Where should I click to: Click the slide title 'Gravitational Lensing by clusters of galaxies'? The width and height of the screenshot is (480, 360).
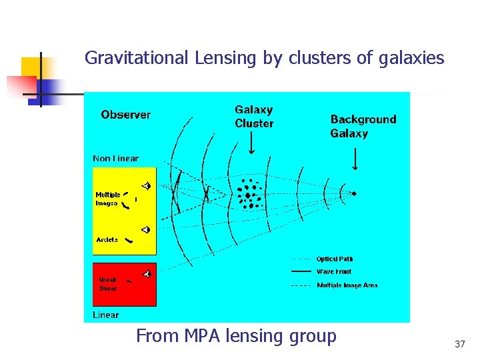[x=264, y=58]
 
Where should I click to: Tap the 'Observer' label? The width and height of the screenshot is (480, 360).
[x=126, y=115]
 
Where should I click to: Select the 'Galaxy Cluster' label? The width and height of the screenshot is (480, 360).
[x=254, y=116]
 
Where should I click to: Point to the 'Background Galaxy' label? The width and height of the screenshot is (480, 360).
[x=363, y=126]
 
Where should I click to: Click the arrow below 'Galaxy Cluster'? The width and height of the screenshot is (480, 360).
[x=251, y=143]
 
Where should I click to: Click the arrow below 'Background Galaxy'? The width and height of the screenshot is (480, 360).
[x=354, y=159]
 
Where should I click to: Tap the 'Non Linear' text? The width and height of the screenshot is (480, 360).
[x=115, y=159]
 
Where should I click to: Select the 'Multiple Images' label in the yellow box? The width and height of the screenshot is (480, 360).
[x=107, y=199]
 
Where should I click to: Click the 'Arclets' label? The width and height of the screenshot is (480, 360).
[x=107, y=239]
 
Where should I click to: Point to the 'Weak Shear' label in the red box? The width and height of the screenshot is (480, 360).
[x=108, y=284]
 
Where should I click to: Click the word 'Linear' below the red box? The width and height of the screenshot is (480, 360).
[x=105, y=315]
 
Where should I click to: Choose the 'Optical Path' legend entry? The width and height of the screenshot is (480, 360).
[x=335, y=259]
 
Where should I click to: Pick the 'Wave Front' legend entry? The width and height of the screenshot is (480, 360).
[x=333, y=272]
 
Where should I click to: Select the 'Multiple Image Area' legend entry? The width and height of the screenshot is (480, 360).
[x=347, y=285]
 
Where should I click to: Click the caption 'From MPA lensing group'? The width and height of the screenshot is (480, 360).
[x=236, y=336]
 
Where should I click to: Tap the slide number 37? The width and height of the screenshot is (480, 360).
[x=459, y=344]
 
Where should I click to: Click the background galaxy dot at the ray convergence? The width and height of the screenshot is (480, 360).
[x=354, y=193]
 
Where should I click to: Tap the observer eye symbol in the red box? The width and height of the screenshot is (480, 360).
[x=147, y=273]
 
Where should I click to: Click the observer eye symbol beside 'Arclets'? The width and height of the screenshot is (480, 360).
[x=146, y=230]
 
